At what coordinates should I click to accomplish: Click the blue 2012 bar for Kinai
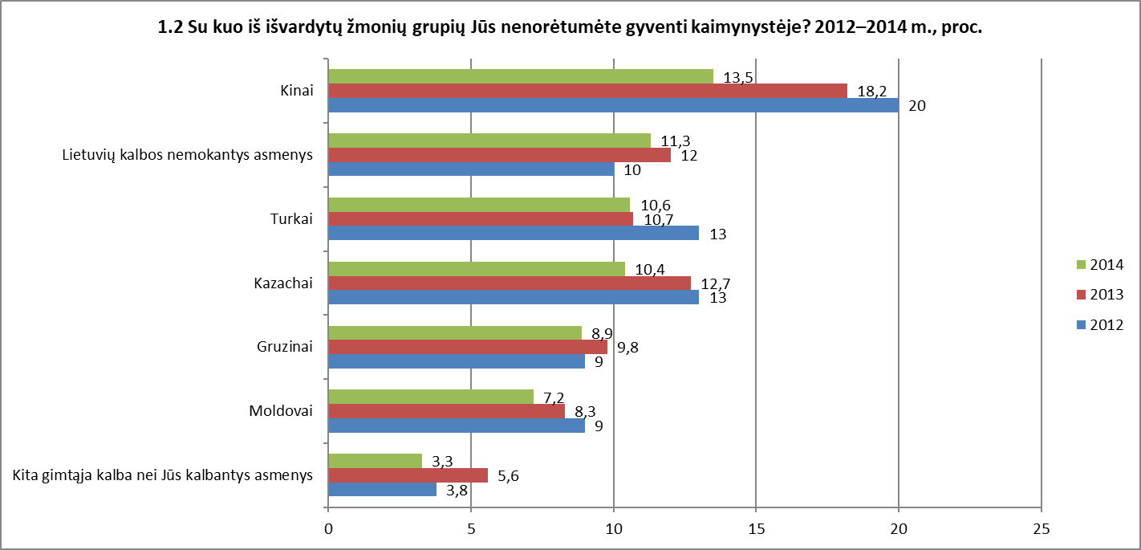[x=614, y=105]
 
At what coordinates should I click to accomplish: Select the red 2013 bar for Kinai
[x=588, y=91]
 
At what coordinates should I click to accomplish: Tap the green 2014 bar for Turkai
[x=479, y=205]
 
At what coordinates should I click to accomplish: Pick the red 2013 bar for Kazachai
[x=510, y=283]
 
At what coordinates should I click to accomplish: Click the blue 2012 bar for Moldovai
[x=457, y=425]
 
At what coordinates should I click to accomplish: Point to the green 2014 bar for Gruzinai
[x=456, y=333]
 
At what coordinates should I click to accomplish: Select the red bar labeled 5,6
[x=408, y=475]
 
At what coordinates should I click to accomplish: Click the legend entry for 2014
[x=1100, y=264]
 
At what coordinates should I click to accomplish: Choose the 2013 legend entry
[x=1100, y=294]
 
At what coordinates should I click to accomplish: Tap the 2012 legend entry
[x=1100, y=324]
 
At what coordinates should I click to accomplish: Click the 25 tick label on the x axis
[x=1042, y=529]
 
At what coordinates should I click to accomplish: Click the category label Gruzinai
[x=285, y=347]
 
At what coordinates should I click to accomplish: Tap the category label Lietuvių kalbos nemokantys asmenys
[x=188, y=155]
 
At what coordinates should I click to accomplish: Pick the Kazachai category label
[x=283, y=283]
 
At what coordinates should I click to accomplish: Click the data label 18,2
[x=872, y=92]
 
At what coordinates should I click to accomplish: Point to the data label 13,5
[x=738, y=77]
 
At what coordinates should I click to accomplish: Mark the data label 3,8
[x=457, y=491]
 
